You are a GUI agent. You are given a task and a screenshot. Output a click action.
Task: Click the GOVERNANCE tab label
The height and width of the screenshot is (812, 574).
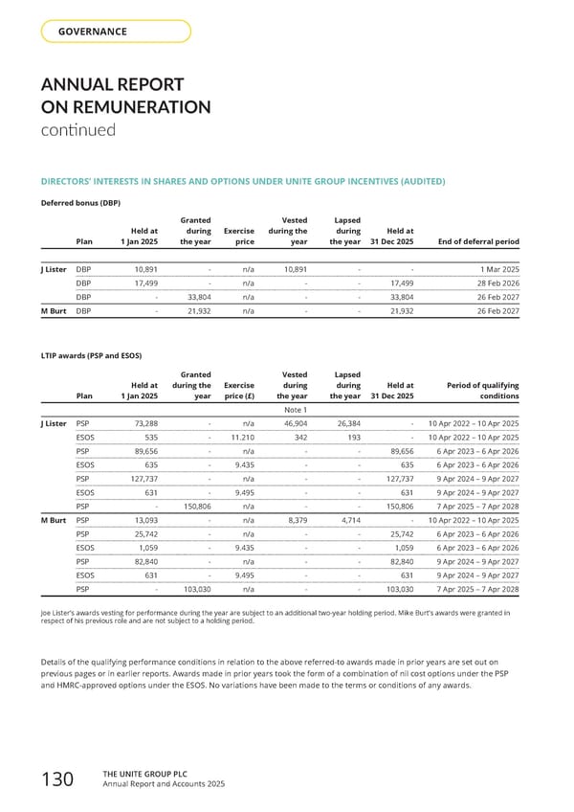[x=93, y=32]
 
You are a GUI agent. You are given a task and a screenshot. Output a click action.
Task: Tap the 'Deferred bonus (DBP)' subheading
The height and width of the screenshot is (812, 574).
[x=80, y=203]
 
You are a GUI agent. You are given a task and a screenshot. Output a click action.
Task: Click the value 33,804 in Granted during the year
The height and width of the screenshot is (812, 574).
[x=194, y=297]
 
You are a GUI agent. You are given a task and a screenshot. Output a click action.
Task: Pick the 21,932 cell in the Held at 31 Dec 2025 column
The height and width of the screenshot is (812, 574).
[x=397, y=311]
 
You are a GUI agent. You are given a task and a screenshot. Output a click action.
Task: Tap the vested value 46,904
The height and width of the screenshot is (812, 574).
[x=291, y=423]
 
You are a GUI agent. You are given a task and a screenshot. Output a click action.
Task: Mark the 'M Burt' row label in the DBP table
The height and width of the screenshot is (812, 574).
[x=53, y=311]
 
